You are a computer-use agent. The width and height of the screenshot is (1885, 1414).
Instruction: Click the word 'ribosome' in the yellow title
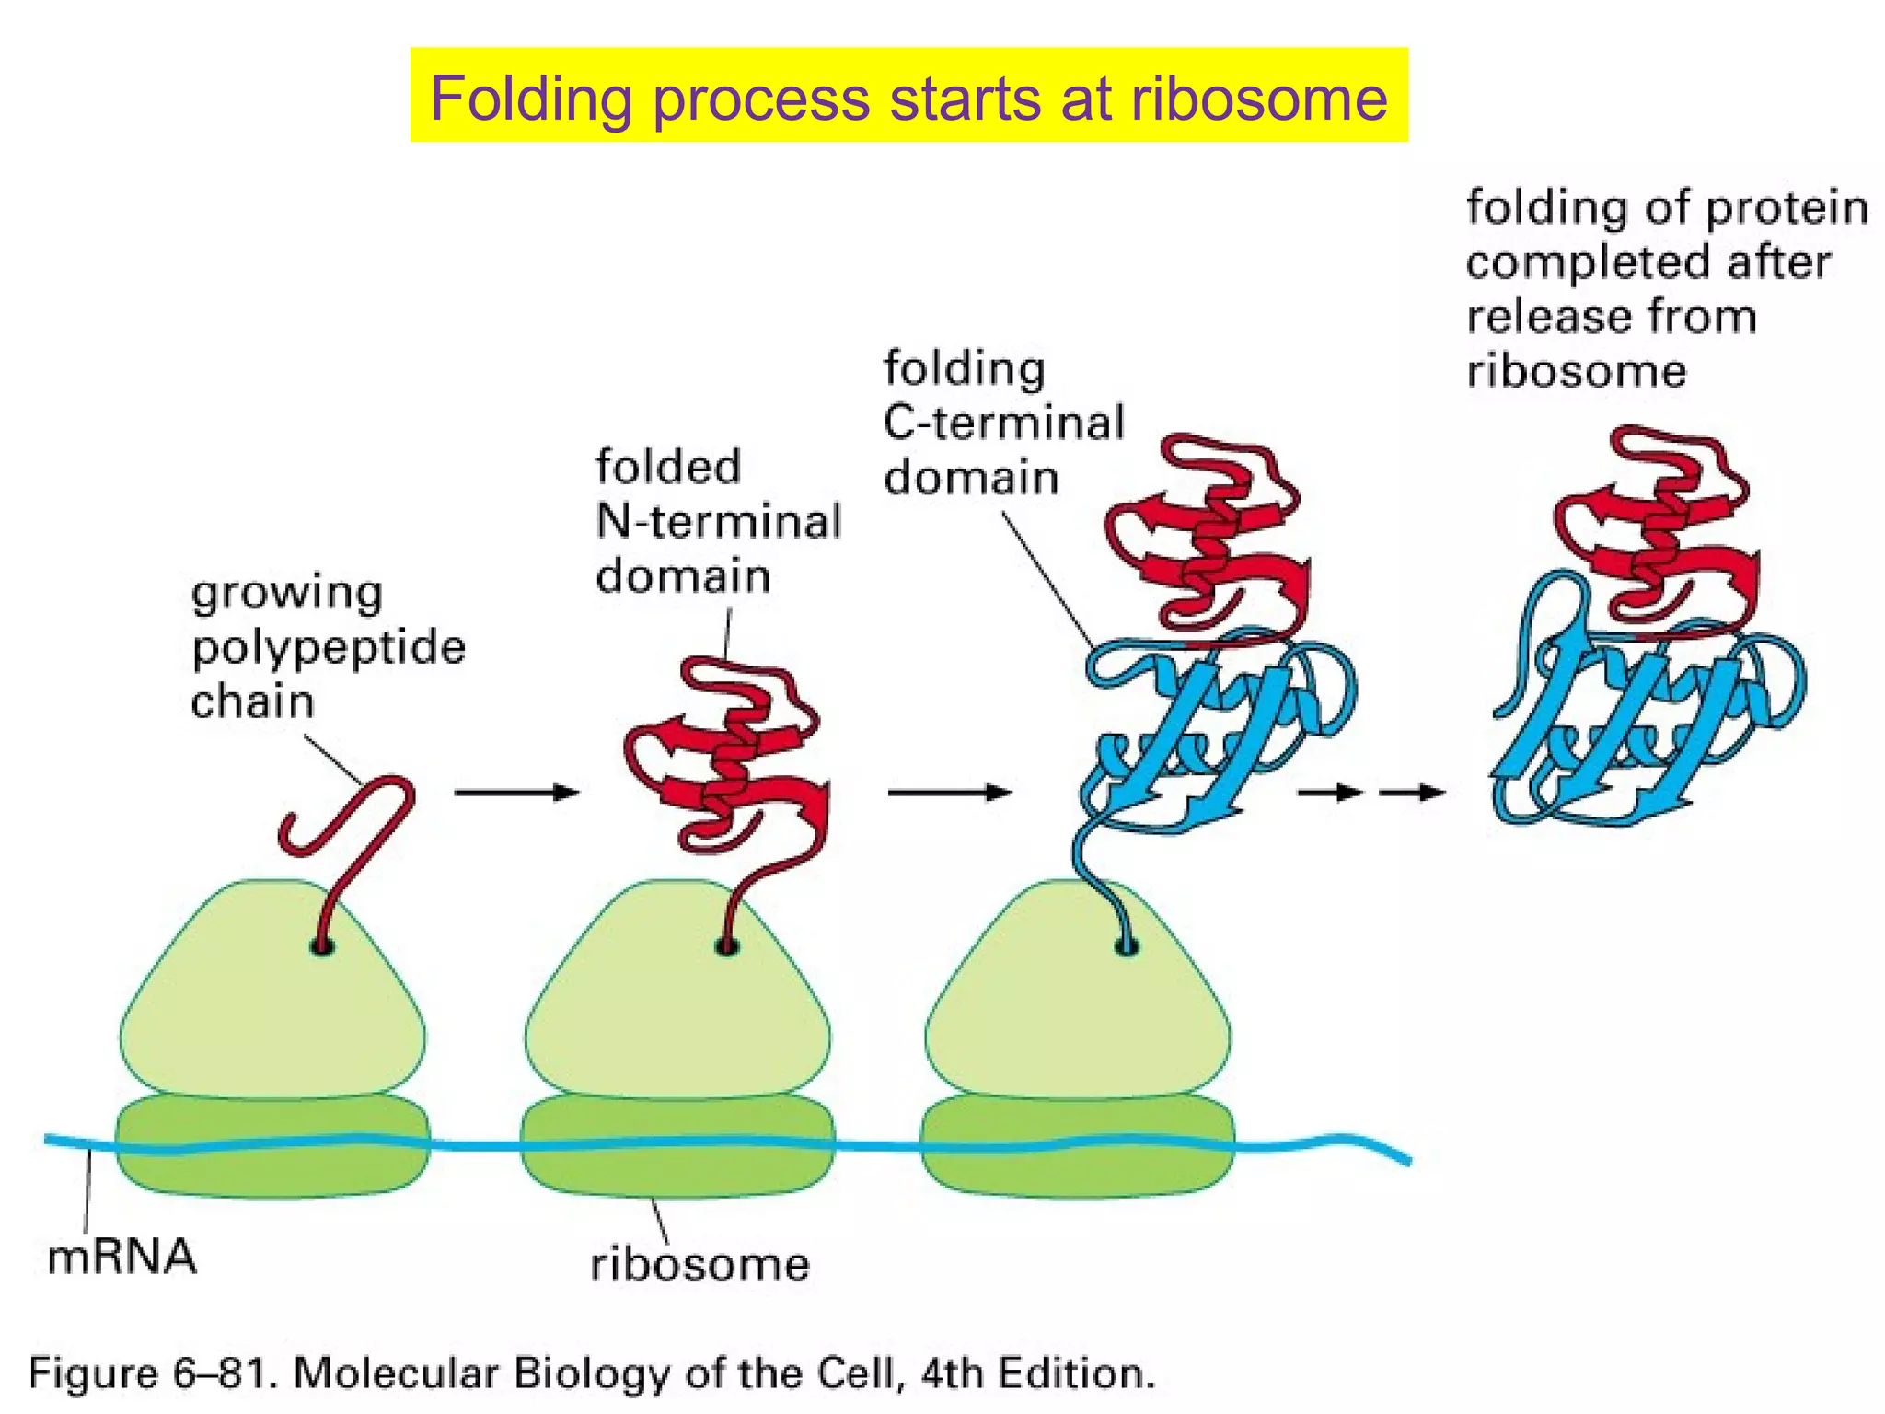pos(1258,98)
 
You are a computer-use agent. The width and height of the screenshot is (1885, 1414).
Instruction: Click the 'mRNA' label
pos(121,1257)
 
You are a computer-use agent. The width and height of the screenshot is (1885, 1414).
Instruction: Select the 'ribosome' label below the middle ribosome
pos(700,1264)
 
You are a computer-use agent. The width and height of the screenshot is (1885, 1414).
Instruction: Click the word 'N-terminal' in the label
pos(719,521)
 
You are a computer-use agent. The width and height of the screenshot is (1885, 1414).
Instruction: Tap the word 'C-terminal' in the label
pos(1004,423)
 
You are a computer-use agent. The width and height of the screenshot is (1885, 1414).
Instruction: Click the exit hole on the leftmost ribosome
pos(321,946)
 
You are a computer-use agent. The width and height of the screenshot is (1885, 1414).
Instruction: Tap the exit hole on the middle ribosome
pos(727,946)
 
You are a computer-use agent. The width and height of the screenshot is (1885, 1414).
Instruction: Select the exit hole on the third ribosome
pos(1127,946)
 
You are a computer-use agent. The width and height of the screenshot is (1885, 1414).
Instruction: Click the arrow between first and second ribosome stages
pos(516,793)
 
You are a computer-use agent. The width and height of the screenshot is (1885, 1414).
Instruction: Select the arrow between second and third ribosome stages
pos(949,793)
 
